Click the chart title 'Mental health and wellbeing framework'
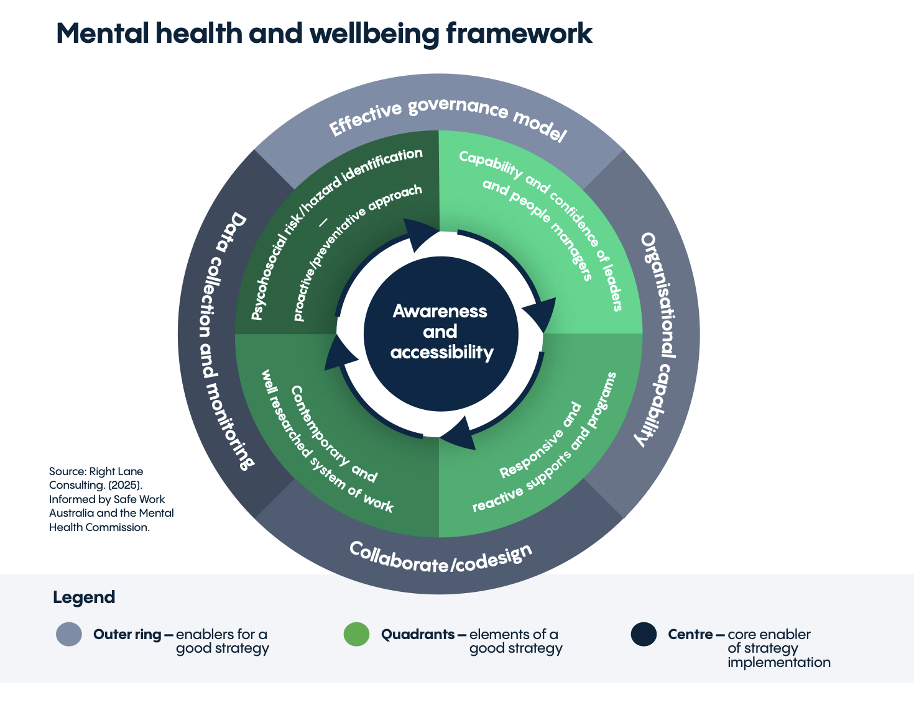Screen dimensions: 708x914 tap(324, 34)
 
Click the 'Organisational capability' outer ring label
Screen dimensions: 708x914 tap(659, 338)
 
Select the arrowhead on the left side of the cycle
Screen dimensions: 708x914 tap(339, 354)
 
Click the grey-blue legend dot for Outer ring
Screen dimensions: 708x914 tap(69, 635)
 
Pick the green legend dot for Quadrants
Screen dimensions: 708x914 tap(356, 635)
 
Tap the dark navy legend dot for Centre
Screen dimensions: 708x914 tap(644, 635)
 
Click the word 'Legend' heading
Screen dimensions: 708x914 tap(84, 597)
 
